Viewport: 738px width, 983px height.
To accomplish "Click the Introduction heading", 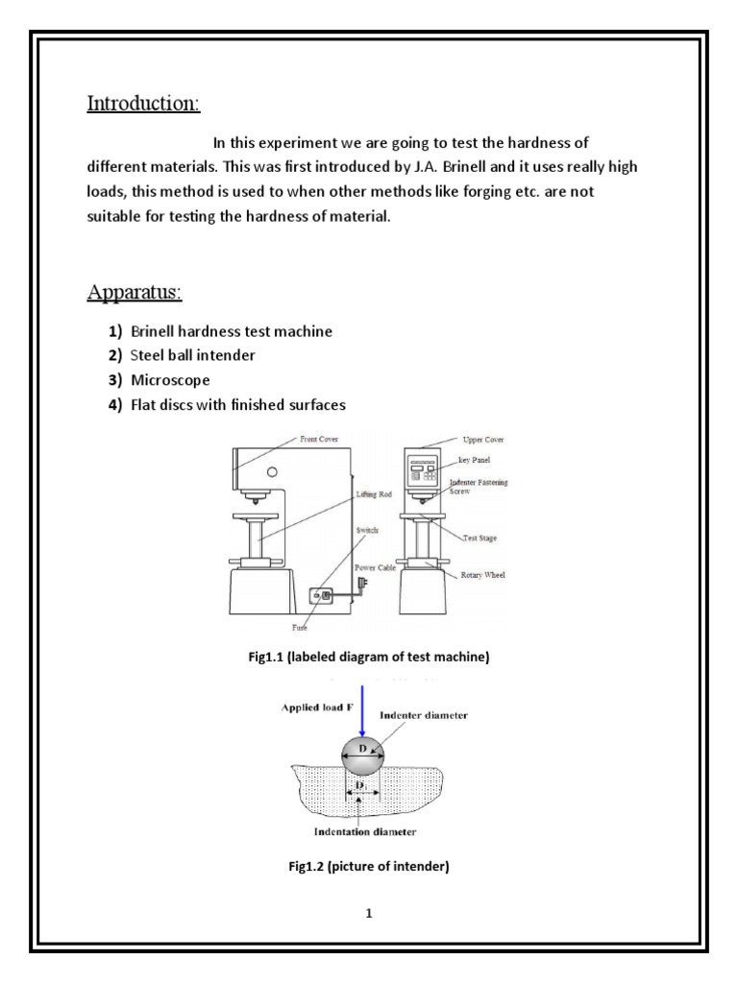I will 144,103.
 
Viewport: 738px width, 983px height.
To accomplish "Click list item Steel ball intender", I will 193,356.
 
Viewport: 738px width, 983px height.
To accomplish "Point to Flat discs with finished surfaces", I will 237,405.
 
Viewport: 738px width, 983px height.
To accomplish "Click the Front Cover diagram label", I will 321,439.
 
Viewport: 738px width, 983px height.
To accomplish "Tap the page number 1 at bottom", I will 368,914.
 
